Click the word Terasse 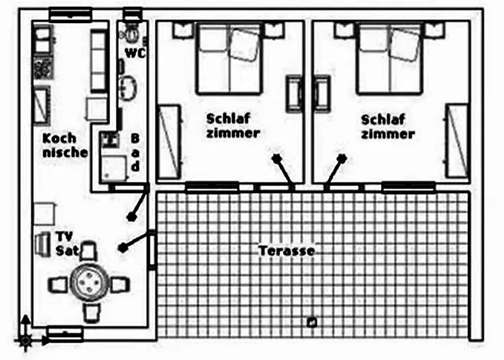click(287, 251)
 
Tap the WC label click(135, 53)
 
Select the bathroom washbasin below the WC click(128, 87)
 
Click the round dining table click(89, 282)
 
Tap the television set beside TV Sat click(42, 244)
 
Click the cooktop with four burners click(42, 68)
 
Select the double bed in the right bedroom click(389, 58)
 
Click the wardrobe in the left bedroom click(169, 141)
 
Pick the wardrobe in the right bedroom click(457, 141)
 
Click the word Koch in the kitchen click(60, 138)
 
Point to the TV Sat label click(67, 243)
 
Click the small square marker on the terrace click(312, 322)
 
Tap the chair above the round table click(89, 251)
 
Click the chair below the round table click(91, 312)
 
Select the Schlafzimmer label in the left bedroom click(233, 126)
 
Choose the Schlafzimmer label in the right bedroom click(387, 127)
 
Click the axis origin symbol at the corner click(25, 340)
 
